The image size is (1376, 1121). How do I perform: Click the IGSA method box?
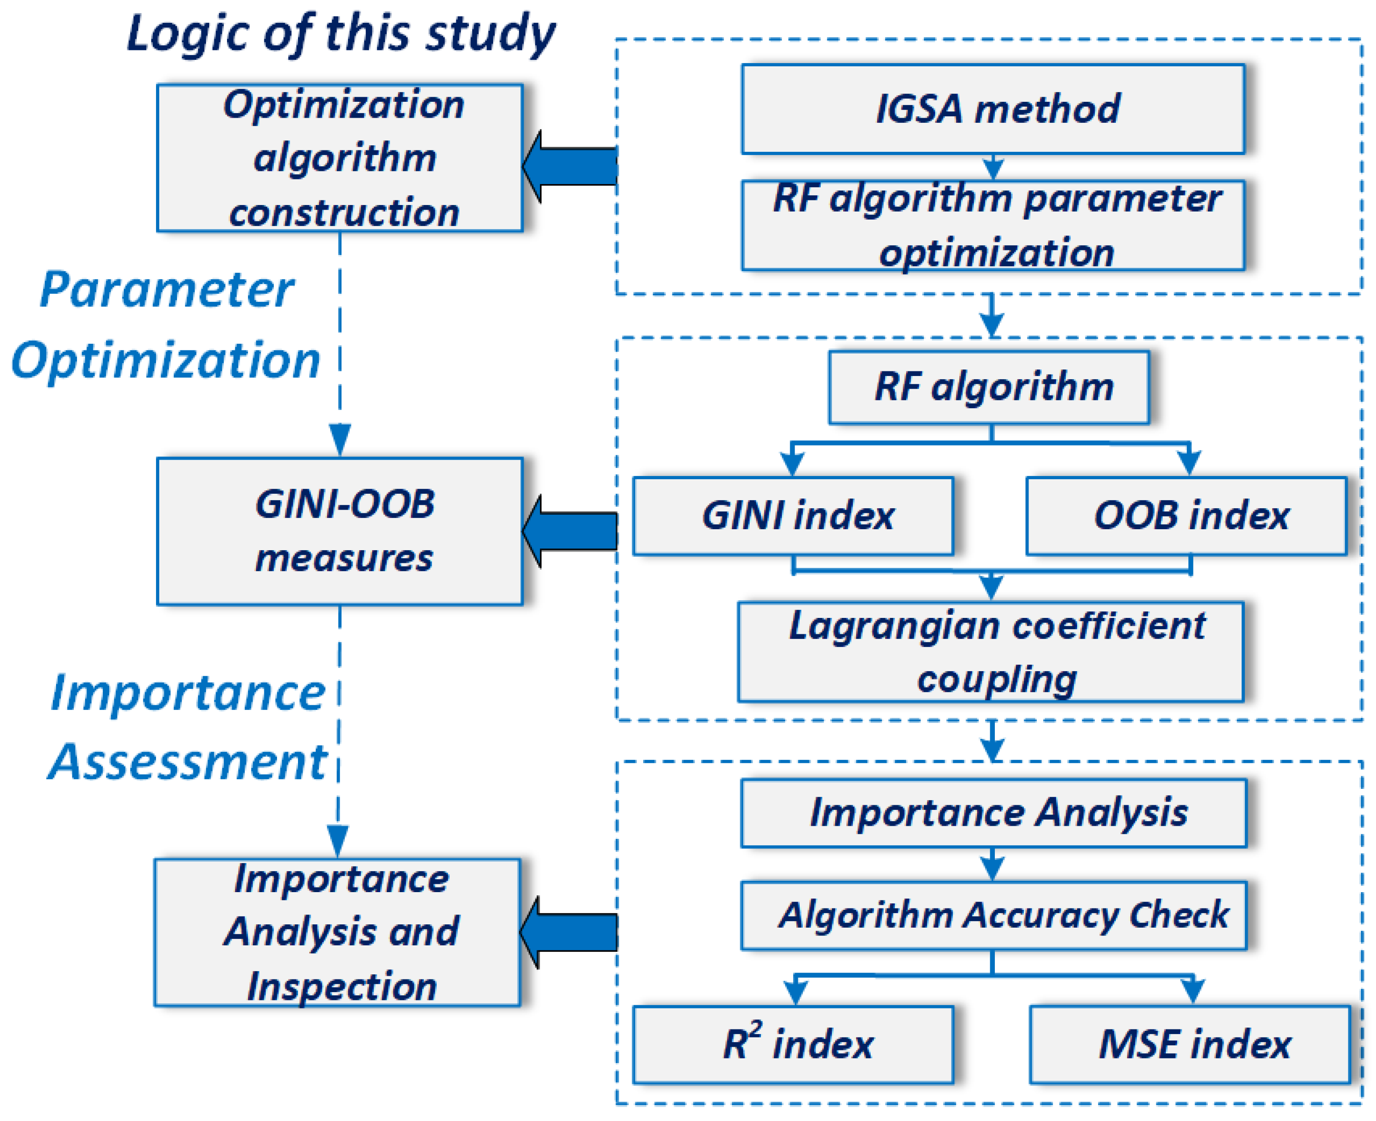(x=993, y=108)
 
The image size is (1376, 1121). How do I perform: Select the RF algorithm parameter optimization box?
(x=993, y=225)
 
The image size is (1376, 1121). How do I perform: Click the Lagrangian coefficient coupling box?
(x=991, y=652)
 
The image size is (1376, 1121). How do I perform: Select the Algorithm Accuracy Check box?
(x=993, y=915)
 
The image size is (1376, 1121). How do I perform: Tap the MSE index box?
(x=1189, y=1044)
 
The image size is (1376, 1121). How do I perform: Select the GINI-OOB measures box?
(x=340, y=531)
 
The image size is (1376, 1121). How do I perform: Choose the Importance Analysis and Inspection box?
(x=337, y=932)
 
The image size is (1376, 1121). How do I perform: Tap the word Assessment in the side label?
(x=189, y=762)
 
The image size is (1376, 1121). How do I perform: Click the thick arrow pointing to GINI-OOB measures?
(x=569, y=531)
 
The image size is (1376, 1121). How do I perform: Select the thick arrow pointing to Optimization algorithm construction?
(x=569, y=166)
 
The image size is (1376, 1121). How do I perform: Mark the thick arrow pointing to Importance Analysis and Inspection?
(x=568, y=932)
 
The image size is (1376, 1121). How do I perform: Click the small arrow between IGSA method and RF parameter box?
(x=993, y=167)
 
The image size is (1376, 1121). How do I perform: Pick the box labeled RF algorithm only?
(x=989, y=387)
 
